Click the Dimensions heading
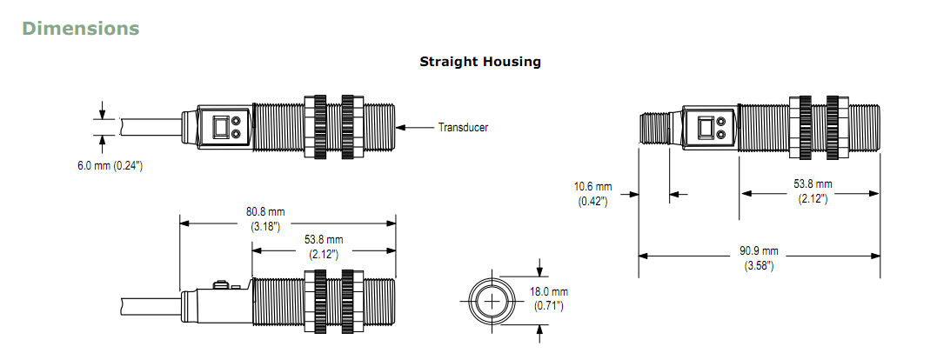[x=81, y=28]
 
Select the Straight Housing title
[x=480, y=62]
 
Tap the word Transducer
[x=463, y=127]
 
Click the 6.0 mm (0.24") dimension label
[x=110, y=166]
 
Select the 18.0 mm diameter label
[x=549, y=292]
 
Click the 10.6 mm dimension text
[x=592, y=187]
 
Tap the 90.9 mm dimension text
[x=759, y=251]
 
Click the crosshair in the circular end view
[x=492, y=302]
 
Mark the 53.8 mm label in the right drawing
[x=812, y=183]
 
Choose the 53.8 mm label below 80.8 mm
[x=324, y=240]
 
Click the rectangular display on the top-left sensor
[x=218, y=127]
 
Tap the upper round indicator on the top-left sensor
[x=236, y=120]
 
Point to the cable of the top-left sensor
[x=151, y=127]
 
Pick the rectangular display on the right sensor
[x=703, y=127]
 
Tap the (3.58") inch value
[x=759, y=266]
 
